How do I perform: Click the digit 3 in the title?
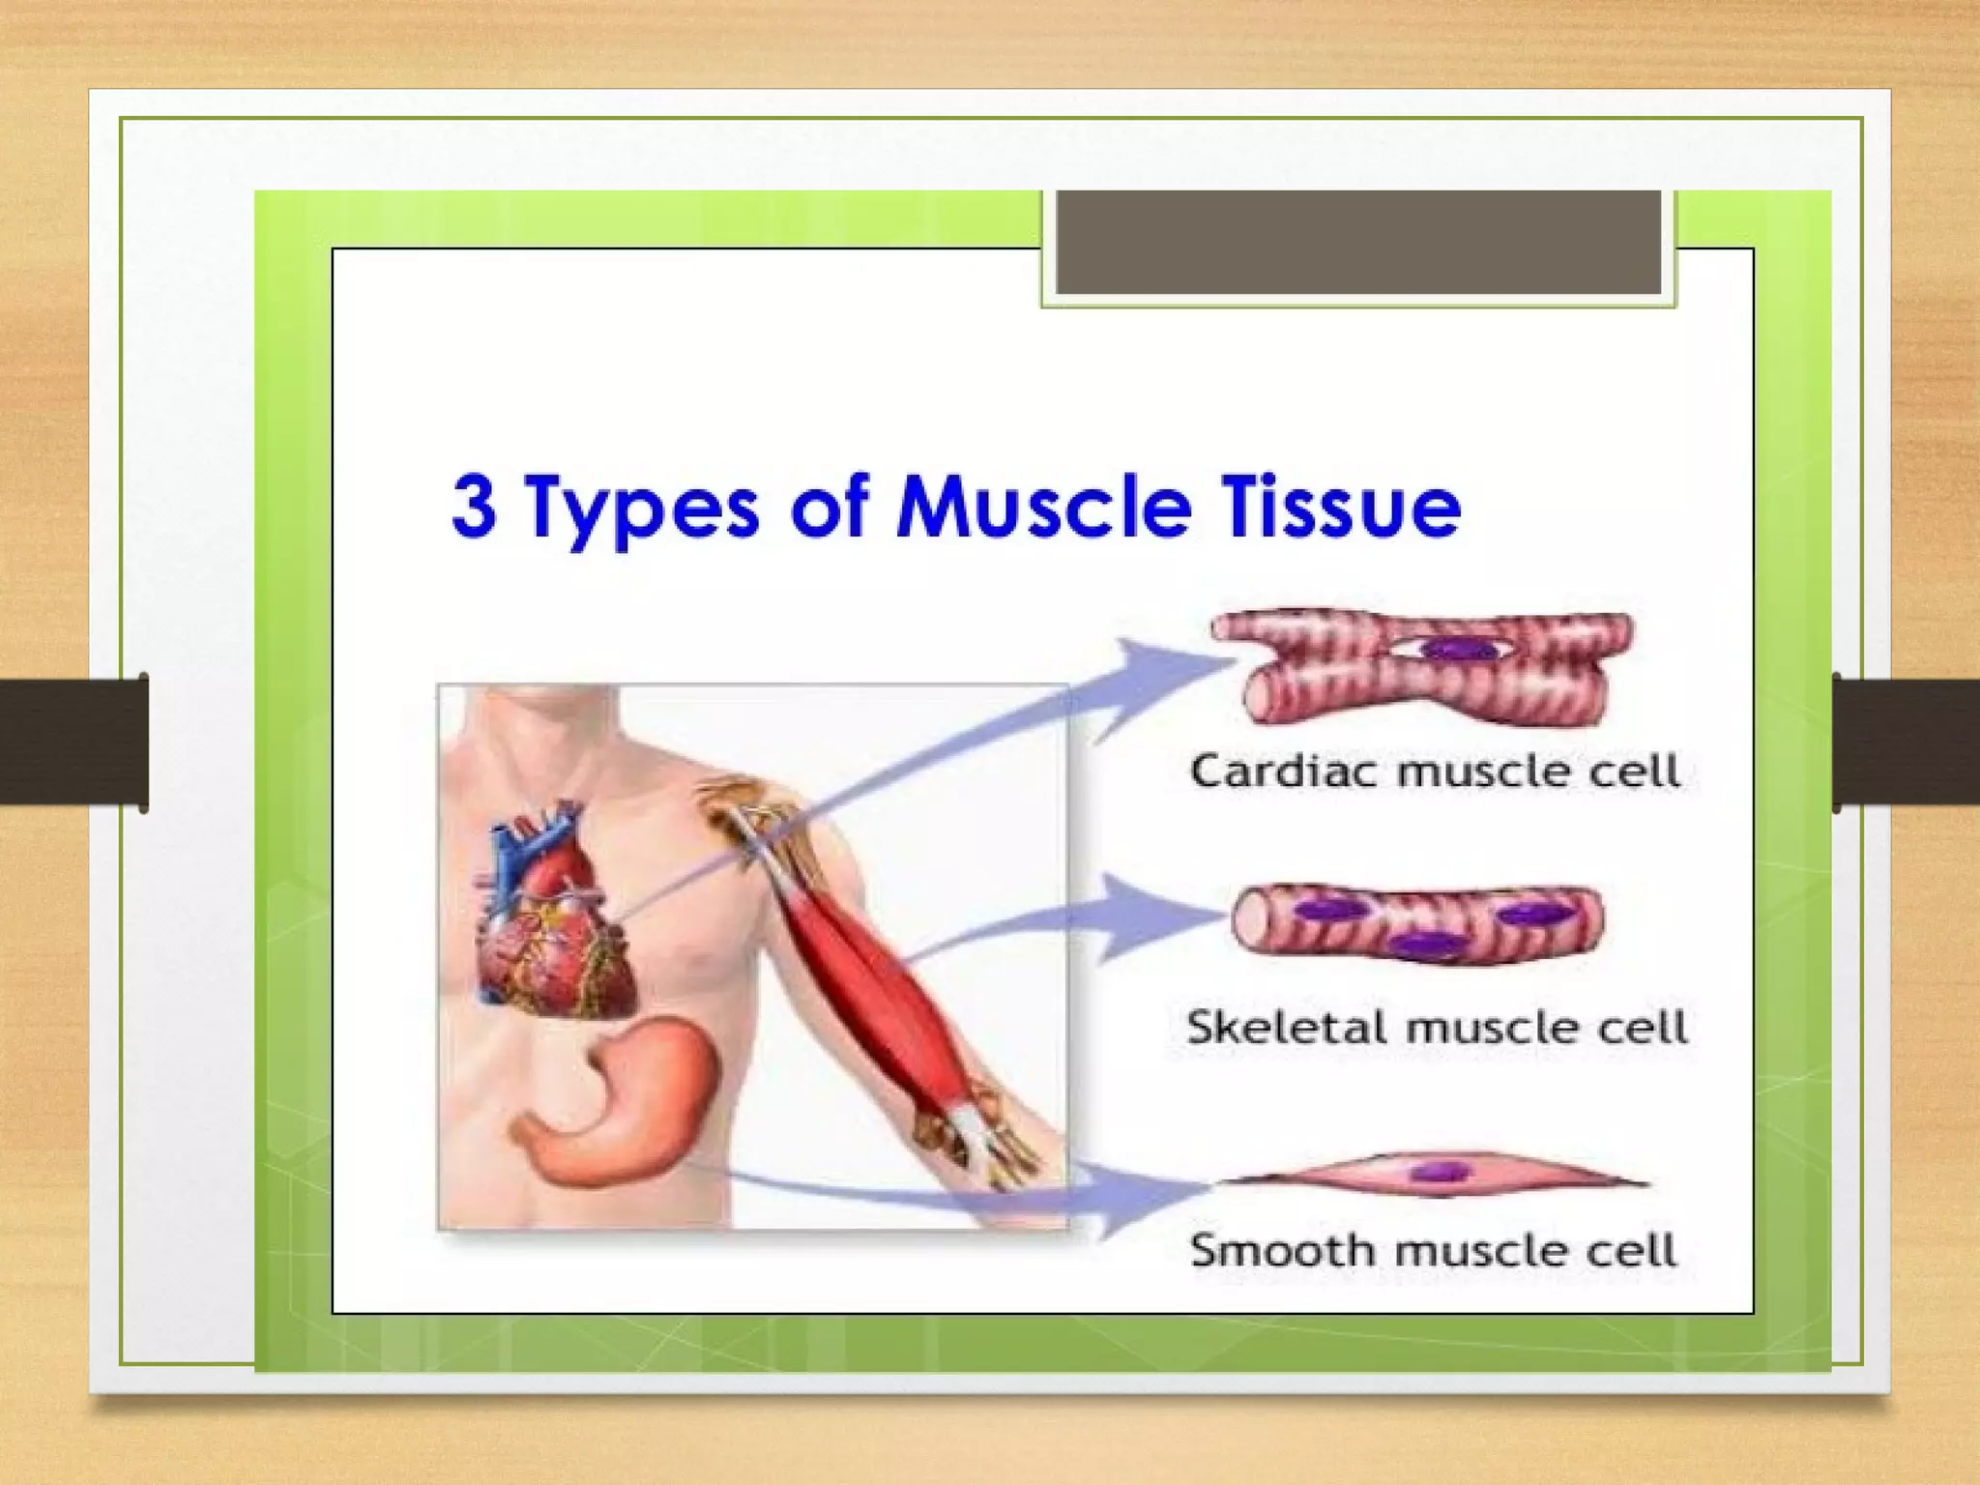[x=475, y=506]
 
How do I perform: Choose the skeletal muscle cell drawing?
[x=1416, y=923]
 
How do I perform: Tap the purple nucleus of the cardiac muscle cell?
[x=1456, y=648]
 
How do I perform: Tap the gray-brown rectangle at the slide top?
[x=1357, y=242]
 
